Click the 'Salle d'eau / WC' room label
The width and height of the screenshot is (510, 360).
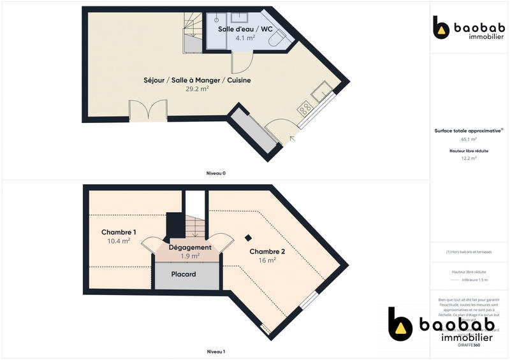coord(245,29)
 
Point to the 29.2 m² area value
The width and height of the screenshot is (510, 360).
coord(197,89)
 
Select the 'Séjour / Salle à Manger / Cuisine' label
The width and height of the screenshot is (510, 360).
coord(197,80)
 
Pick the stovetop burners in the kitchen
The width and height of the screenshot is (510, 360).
coord(305,108)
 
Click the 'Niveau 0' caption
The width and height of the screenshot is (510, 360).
coord(215,173)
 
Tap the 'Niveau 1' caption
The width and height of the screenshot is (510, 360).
coord(215,352)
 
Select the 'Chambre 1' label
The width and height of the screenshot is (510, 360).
coord(119,233)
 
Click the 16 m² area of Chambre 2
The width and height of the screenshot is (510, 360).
coord(267,260)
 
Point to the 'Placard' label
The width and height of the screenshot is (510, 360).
coord(184,275)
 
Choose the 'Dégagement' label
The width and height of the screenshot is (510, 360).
coord(190,247)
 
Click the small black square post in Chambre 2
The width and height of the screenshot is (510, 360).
coord(248,239)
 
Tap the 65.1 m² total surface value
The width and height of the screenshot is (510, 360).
coord(469,139)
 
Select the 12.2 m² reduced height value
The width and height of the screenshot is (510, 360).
coord(469,159)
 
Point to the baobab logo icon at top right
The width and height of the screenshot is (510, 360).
coord(441,28)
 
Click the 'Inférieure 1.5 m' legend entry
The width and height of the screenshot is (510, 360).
coord(474,280)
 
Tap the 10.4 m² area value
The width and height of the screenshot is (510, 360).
coord(119,241)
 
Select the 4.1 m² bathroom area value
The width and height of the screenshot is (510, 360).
coord(245,38)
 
